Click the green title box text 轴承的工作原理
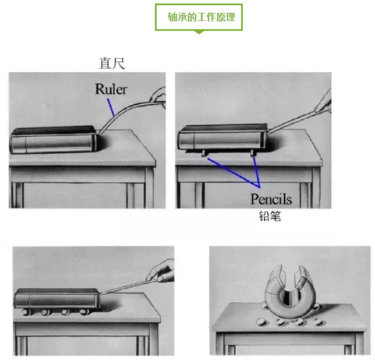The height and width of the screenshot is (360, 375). pos(201,17)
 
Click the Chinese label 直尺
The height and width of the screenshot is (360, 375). pos(112,63)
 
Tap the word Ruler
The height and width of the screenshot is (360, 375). pos(111,89)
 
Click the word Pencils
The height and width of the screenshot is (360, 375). pos(271,199)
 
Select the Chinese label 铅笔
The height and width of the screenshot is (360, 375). pos(270,216)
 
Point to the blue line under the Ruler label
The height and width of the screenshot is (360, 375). pos(111,107)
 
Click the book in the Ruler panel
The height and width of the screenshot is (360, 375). pos(53,140)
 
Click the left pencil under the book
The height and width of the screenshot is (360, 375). pos(204,153)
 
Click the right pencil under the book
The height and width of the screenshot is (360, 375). pos(253,153)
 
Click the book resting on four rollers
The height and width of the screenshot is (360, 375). pos(56,299)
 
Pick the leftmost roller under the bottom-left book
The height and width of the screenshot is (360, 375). pos(27,312)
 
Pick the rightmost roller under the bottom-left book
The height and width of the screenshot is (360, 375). pos(84,312)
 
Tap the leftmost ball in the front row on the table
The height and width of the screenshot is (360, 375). pos(261,321)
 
